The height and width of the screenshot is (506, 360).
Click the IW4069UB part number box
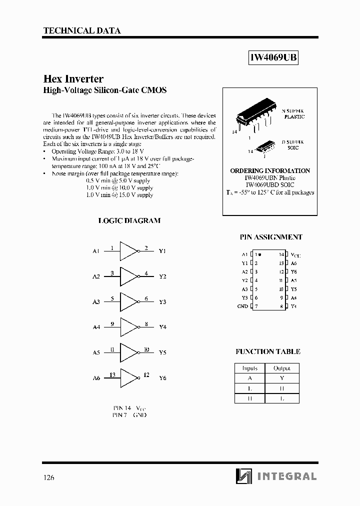(273, 58)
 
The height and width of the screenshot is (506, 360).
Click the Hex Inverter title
(73, 79)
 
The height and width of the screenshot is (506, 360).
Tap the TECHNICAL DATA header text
(82, 30)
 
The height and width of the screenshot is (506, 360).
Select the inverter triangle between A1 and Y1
(128, 251)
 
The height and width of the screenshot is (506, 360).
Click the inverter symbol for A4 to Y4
(128, 327)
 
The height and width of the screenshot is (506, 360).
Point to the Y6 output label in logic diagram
(162, 378)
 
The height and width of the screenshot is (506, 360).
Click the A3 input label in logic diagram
(96, 302)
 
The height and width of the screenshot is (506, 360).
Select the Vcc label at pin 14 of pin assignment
(295, 255)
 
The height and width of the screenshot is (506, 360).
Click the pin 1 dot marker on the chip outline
(260, 254)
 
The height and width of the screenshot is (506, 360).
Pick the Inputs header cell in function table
(250, 368)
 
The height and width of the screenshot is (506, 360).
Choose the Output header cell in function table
(282, 368)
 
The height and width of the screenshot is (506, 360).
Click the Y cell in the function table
(282, 378)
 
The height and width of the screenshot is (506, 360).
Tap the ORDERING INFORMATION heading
(270, 170)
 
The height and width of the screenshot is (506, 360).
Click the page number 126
(48, 477)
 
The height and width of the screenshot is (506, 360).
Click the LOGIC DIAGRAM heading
(129, 220)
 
